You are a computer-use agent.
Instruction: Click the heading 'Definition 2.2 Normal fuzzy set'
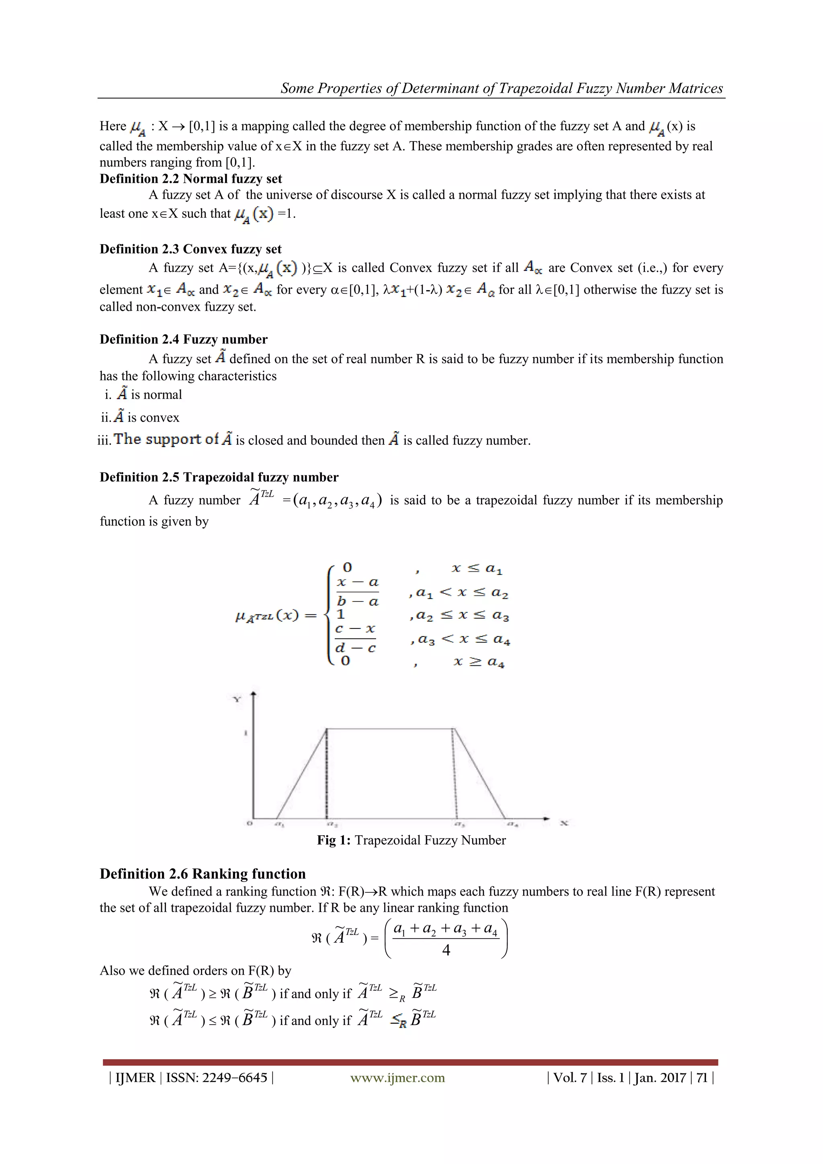pyautogui.click(x=190, y=178)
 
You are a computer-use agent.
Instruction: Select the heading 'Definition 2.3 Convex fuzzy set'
pyautogui.click(x=190, y=249)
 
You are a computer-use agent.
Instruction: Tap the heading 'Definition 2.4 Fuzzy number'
pyautogui.click(x=184, y=339)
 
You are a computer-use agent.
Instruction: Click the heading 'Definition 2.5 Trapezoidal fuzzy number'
pyautogui.click(x=219, y=477)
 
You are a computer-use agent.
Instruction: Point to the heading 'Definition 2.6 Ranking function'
pyautogui.click(x=203, y=874)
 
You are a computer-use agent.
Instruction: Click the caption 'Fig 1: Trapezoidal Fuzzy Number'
pyautogui.click(x=411, y=840)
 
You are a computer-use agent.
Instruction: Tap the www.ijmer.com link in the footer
pyautogui.click(x=397, y=1078)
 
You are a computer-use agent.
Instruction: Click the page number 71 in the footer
pyautogui.click(x=701, y=1078)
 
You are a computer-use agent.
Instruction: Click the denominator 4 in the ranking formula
pyautogui.click(x=446, y=950)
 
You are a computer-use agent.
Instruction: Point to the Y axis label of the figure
pyautogui.click(x=237, y=700)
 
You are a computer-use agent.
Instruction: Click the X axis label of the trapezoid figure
pyautogui.click(x=563, y=823)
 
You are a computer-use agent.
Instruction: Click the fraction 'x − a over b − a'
pyautogui.click(x=358, y=591)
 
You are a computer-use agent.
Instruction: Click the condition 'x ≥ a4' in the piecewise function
pyautogui.click(x=479, y=662)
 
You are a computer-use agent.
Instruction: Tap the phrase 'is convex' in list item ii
pyautogui.click(x=153, y=418)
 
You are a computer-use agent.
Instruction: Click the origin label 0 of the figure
pyautogui.click(x=249, y=823)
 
